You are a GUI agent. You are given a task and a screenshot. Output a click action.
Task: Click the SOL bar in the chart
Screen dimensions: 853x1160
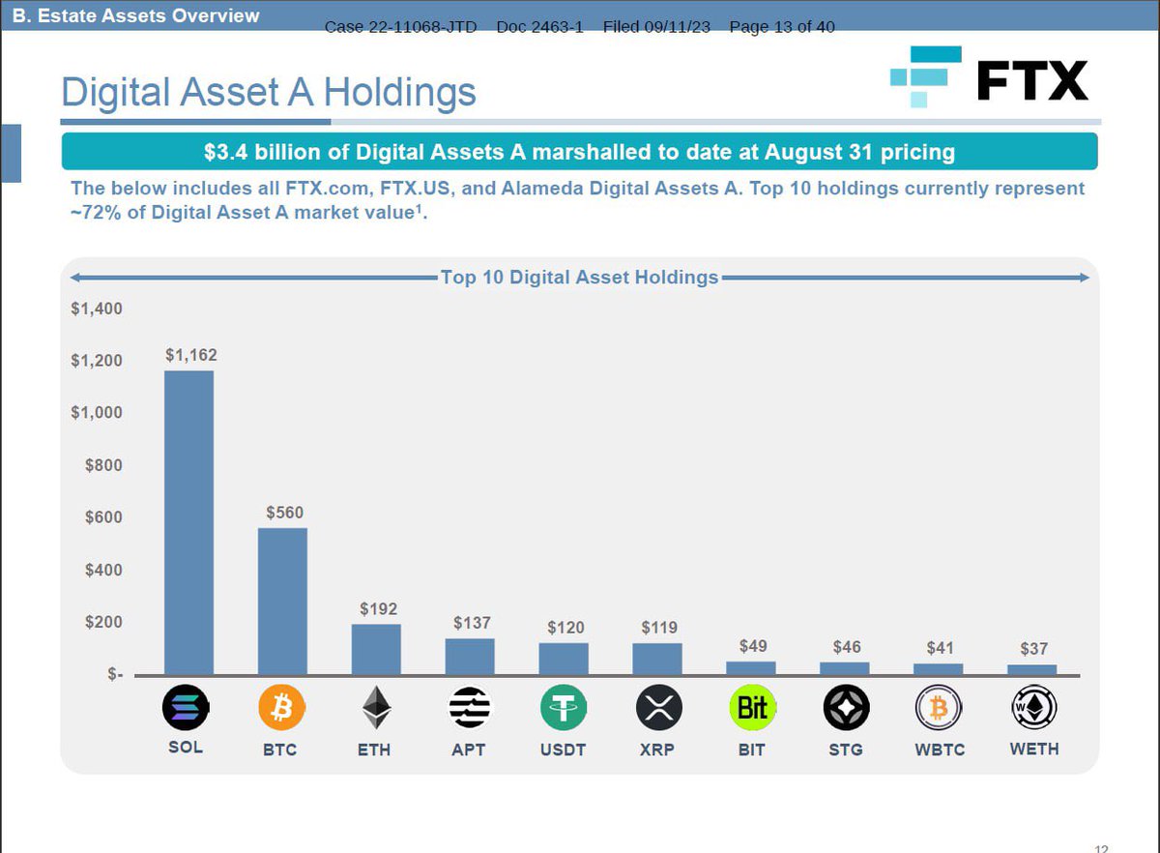(x=188, y=522)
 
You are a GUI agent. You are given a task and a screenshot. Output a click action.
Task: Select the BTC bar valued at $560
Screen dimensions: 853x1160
(x=282, y=601)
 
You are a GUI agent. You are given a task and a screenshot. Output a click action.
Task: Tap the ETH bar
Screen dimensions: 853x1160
(x=376, y=649)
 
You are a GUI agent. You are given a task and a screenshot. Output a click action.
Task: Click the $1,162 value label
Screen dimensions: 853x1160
(x=190, y=355)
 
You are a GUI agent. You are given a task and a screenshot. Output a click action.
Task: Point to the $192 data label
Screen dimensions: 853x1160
(x=378, y=609)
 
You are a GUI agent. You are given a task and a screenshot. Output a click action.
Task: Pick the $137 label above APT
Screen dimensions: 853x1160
(x=472, y=623)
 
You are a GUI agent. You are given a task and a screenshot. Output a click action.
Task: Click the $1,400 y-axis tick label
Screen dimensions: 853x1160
(x=96, y=309)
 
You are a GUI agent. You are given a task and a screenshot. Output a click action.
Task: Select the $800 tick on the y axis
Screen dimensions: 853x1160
(x=103, y=465)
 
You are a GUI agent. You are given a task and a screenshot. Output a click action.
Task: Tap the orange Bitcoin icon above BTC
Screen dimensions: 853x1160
(x=281, y=709)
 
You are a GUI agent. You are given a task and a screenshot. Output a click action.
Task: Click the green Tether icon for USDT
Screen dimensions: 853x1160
(x=564, y=709)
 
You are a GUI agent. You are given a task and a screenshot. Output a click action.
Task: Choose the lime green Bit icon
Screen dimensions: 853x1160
(x=752, y=709)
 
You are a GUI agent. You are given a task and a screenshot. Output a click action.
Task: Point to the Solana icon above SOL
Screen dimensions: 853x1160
(x=186, y=709)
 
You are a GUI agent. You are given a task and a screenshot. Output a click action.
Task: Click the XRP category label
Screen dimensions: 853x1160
(x=657, y=750)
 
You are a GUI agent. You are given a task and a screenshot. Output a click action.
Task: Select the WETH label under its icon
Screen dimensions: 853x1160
(x=1033, y=749)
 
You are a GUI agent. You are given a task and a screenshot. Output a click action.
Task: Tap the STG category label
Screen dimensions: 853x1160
(x=846, y=750)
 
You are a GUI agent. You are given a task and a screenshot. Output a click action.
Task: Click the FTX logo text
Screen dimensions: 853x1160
(x=1031, y=80)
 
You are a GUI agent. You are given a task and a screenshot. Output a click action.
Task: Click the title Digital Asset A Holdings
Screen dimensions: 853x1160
(x=268, y=93)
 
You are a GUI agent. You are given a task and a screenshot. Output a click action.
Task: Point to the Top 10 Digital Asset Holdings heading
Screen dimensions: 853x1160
(x=579, y=278)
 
